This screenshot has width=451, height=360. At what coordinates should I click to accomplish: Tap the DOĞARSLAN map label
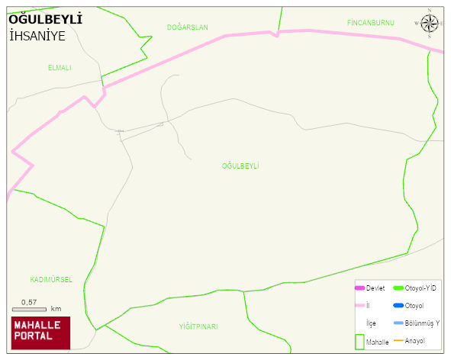click(187, 27)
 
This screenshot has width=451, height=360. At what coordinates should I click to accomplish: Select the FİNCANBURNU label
click(370, 23)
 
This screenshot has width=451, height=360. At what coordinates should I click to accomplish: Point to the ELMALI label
click(59, 68)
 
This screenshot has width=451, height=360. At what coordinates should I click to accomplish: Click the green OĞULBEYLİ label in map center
click(240, 166)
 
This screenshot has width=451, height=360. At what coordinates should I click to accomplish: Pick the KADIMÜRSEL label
click(51, 280)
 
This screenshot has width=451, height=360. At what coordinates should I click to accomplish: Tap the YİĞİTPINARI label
click(198, 326)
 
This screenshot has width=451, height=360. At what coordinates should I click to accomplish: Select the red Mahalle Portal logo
click(40, 332)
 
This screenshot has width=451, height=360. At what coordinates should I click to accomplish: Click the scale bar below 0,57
click(30, 309)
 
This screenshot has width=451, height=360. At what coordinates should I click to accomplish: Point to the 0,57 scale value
click(29, 302)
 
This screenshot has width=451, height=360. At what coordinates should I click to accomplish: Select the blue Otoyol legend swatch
click(398, 306)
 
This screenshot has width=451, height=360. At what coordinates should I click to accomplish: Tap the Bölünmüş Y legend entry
click(421, 323)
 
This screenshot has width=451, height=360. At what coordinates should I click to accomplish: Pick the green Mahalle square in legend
click(359, 341)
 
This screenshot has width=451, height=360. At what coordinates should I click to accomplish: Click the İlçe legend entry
click(371, 323)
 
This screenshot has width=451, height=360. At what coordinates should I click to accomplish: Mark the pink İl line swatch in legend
click(359, 306)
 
